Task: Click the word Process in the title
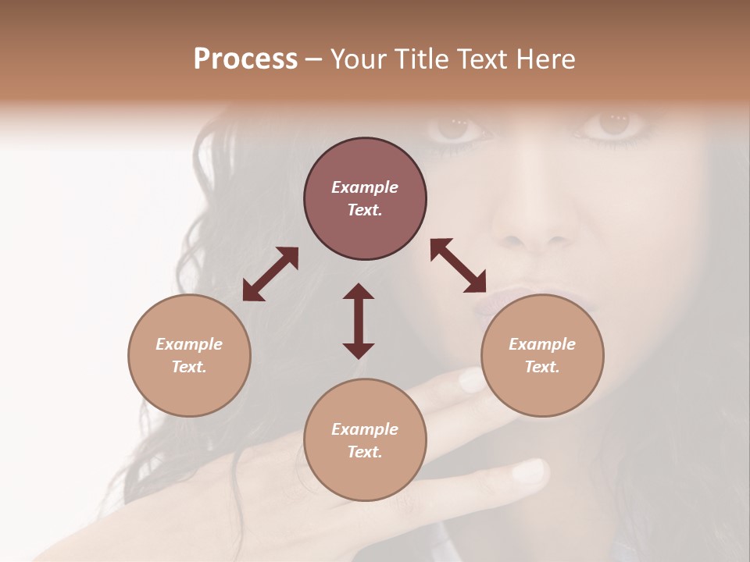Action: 245,59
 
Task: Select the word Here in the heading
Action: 545,59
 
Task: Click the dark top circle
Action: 365,199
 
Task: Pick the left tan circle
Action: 189,355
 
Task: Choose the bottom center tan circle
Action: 365,440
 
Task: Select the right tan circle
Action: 542,355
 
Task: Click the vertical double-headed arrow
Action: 359,321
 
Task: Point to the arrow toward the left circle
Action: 270,274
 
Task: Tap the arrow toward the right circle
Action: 458,265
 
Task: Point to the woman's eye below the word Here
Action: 612,123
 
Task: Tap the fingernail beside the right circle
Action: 472,380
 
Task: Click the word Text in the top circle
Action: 364,210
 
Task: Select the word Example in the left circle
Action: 189,344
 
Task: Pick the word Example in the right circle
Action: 542,344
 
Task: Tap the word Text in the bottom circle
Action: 364,452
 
